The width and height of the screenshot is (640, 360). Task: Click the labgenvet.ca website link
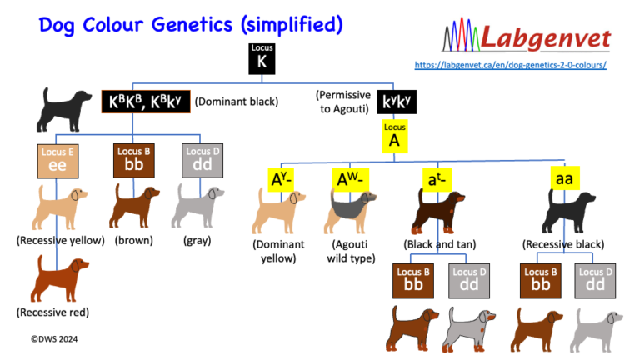click(x=510, y=65)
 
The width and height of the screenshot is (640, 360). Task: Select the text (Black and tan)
click(x=438, y=245)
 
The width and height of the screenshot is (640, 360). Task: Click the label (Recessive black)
click(x=563, y=245)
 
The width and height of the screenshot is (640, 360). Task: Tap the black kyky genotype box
click(x=396, y=103)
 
